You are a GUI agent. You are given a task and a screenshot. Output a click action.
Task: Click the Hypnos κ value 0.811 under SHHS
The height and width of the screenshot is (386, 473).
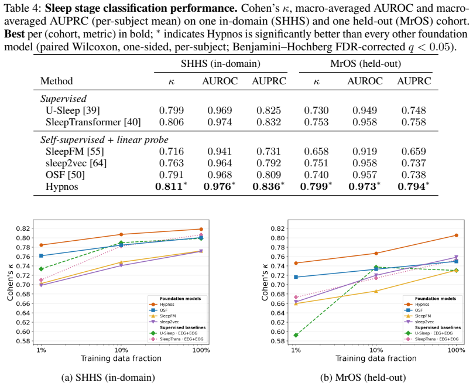point(169,186)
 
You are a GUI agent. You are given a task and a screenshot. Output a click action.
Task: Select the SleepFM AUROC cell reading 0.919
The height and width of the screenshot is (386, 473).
point(365,151)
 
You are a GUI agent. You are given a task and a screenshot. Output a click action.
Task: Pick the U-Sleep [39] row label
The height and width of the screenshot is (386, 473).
point(73,111)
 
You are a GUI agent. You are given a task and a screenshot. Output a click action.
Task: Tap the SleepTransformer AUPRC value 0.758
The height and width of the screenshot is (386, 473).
point(413,122)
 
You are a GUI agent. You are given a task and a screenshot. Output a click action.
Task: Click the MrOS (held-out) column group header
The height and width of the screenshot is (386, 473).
point(366,64)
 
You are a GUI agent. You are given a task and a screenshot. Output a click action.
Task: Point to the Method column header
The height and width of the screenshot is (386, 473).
point(57,81)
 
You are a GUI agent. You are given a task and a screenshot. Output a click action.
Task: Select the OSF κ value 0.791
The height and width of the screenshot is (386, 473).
point(172,175)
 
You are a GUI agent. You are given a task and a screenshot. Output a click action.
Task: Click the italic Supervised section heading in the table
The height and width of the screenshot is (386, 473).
point(64,99)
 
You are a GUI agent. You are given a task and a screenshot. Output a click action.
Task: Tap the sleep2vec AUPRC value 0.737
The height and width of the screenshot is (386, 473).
point(413,163)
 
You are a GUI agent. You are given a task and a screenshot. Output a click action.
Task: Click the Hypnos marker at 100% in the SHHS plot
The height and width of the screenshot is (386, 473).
point(201,230)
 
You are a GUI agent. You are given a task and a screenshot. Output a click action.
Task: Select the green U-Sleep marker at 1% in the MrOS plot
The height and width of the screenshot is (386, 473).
point(296,335)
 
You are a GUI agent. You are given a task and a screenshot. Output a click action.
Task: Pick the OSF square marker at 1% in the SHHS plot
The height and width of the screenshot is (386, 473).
point(41,256)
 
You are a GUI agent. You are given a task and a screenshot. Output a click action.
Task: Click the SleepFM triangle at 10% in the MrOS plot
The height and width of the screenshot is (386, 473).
point(376,291)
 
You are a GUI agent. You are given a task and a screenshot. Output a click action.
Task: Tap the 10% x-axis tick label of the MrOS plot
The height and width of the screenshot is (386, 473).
point(376,350)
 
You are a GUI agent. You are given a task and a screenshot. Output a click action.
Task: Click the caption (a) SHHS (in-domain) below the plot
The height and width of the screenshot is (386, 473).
point(108,378)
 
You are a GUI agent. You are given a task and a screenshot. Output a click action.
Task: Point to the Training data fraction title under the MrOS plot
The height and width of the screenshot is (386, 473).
point(376,358)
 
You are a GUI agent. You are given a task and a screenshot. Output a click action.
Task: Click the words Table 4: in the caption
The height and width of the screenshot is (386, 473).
point(22,8)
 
